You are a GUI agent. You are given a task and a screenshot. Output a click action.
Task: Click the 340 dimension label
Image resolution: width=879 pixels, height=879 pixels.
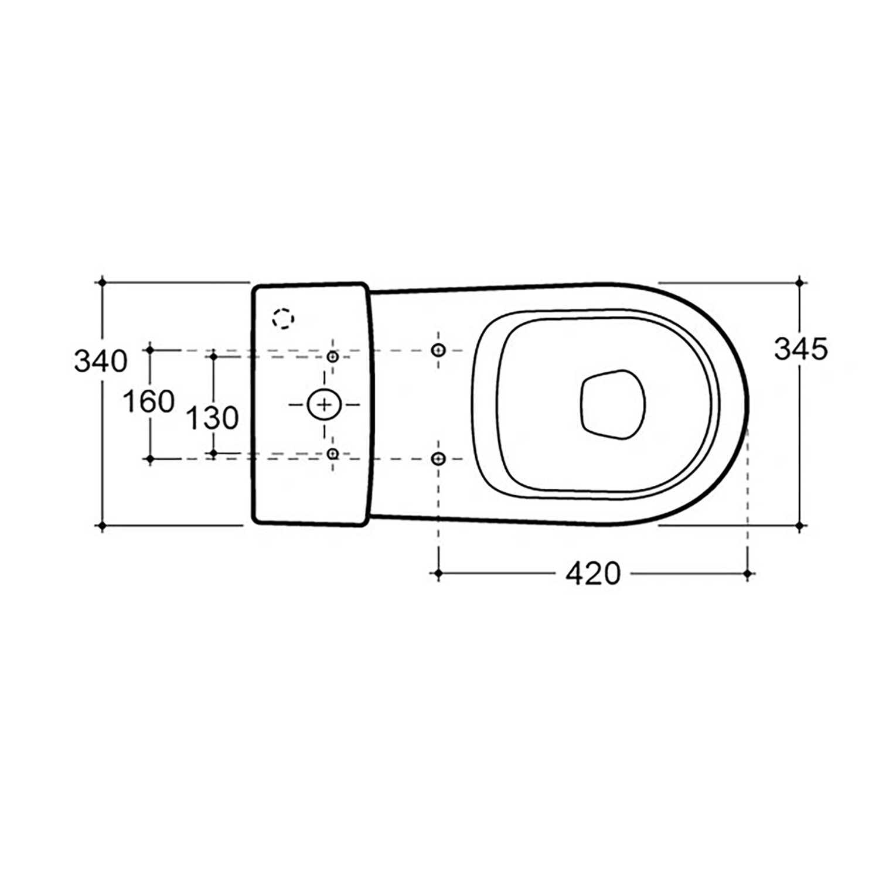(x=101, y=361)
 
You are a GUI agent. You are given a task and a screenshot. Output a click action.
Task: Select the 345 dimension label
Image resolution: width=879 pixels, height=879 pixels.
(x=801, y=349)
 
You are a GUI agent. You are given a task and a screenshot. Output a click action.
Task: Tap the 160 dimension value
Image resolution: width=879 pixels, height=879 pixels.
(x=149, y=401)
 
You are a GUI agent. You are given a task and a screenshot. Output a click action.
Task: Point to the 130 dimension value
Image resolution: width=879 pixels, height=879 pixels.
(x=212, y=418)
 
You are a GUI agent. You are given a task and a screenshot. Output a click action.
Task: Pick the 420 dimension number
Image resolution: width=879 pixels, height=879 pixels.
(x=592, y=574)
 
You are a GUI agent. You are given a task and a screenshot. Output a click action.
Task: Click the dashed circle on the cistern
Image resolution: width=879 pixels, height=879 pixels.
(x=283, y=318)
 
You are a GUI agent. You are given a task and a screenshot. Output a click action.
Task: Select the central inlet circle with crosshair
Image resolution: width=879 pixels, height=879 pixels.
(x=324, y=404)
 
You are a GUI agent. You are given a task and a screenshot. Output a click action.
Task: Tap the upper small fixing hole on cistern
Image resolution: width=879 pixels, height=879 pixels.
(x=333, y=356)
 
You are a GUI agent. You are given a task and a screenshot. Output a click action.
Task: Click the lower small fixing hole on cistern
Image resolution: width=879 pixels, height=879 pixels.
(x=333, y=454)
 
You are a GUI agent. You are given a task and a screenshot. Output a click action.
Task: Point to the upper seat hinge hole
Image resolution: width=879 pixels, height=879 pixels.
(x=438, y=350)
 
